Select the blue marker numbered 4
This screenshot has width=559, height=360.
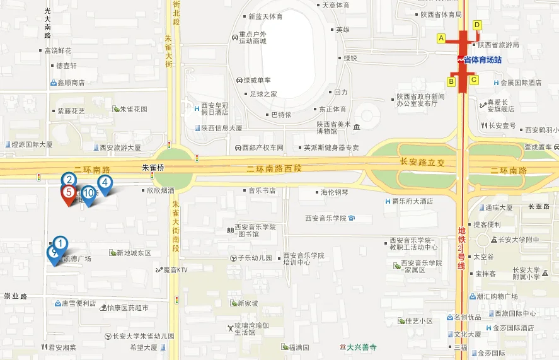(x=105, y=183)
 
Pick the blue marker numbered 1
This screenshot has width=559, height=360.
(x=60, y=243)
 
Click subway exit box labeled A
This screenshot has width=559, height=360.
(x=441, y=38)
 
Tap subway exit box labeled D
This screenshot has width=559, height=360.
(x=477, y=25)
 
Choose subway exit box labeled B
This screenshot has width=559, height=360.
(x=451, y=81)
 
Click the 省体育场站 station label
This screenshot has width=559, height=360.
(x=482, y=60)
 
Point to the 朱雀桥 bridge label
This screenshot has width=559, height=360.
(x=153, y=168)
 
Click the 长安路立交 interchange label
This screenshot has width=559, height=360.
(x=422, y=162)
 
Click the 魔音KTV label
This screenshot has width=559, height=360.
(x=175, y=270)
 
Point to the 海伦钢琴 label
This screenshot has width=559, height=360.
(x=334, y=192)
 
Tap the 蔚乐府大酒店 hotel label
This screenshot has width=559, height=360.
(x=413, y=202)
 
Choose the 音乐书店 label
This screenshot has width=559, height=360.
(x=262, y=190)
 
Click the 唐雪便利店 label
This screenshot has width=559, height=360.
(x=78, y=303)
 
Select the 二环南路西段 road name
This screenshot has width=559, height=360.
(x=274, y=168)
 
